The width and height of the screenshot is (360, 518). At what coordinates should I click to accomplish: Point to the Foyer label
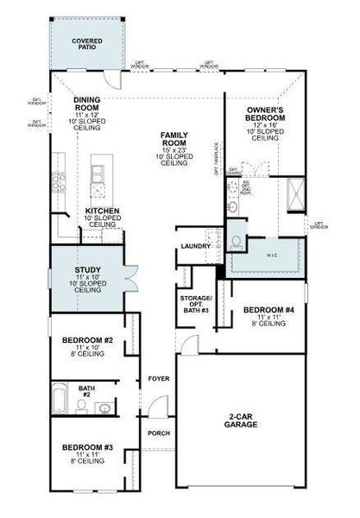[158, 378]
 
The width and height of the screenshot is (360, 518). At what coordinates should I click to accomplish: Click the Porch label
[158, 433]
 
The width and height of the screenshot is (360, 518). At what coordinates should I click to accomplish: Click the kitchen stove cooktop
[59, 180]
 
